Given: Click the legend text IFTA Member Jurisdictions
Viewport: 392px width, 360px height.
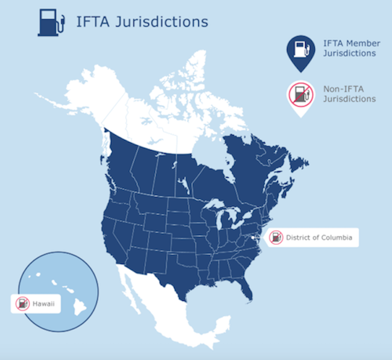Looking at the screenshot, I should (349, 48).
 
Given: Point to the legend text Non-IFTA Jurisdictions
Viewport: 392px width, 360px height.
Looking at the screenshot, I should (349, 94).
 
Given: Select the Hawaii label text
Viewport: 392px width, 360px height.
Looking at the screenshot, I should (43, 303).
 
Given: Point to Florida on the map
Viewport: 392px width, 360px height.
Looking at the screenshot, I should (244, 289).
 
